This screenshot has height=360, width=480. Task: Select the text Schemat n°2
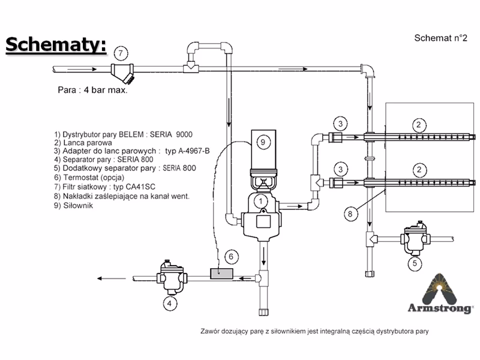click(x=440, y=38)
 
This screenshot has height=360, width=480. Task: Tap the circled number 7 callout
click(x=120, y=53)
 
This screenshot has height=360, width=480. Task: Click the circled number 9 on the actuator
click(x=262, y=142)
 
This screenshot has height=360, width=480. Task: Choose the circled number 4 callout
click(x=170, y=303)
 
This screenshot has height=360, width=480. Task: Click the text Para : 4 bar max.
click(x=92, y=92)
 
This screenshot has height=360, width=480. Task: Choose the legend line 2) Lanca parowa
click(x=83, y=143)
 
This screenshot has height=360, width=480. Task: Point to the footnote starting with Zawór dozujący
click(x=315, y=331)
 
